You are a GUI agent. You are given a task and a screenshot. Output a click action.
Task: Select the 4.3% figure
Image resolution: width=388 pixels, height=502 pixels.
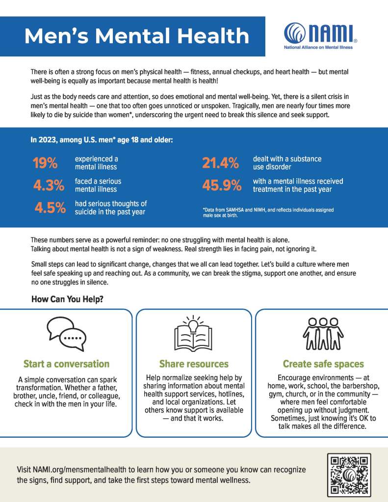tap(49, 185)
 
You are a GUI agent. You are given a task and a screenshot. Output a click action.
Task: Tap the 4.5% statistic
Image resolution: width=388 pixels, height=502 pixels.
tap(50, 208)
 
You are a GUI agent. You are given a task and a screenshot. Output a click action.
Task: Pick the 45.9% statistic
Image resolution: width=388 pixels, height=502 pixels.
tap(222, 185)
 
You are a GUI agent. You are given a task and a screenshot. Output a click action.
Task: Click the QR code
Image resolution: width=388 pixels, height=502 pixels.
tap(349, 475)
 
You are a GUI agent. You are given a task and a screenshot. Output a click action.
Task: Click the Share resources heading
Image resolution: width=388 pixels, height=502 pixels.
tap(194, 364)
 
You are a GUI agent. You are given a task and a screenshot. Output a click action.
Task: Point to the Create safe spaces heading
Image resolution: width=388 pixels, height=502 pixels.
tap(323, 364)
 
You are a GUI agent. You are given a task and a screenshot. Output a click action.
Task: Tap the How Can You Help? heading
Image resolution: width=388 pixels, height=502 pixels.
tap(67, 299)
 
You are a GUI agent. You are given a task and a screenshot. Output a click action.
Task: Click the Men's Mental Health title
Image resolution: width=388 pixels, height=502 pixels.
tap(137, 36)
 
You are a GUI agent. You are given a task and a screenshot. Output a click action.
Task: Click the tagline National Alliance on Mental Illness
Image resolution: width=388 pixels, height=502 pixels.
tap(318, 48)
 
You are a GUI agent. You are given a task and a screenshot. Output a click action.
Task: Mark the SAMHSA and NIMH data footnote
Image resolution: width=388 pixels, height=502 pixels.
tap(268, 212)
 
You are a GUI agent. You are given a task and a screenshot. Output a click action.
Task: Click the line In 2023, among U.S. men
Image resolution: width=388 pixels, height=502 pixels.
tap(102, 140)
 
